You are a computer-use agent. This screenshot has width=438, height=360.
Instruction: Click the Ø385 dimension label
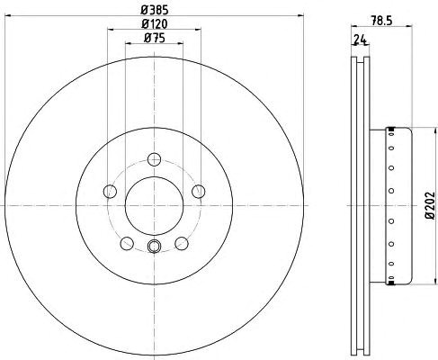coord(154,11)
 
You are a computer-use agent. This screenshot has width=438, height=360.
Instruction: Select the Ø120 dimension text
coord(154,24)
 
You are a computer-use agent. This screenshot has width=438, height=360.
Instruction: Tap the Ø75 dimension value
coord(154,38)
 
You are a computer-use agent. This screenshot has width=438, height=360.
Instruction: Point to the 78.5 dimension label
coord(381,21)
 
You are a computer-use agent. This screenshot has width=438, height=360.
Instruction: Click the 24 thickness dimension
coord(361,40)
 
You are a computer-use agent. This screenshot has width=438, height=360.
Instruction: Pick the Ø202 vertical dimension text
coord(430,205)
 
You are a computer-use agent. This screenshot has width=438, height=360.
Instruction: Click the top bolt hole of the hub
coord(155,159)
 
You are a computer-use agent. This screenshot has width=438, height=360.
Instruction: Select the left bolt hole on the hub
coord(110,192)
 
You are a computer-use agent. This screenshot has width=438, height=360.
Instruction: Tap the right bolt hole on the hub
coord(199,192)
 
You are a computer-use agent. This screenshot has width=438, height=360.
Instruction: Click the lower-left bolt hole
coord(127,243)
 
